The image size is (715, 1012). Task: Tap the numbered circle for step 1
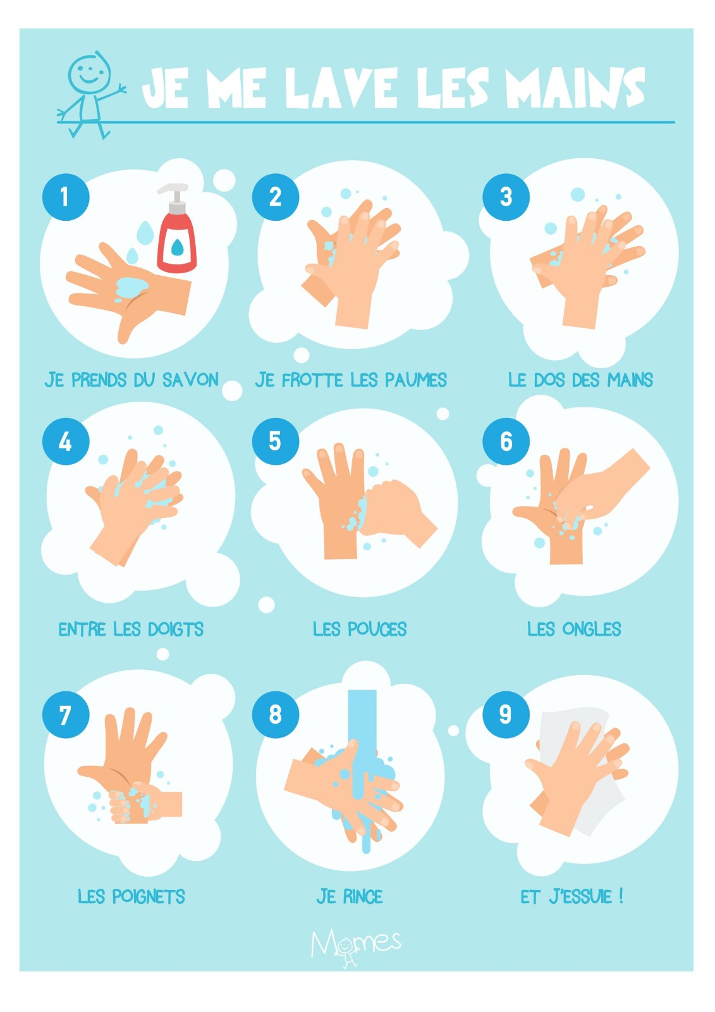coord(66,197)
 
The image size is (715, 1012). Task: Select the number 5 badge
coord(276,441)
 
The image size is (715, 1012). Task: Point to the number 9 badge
coord(506,715)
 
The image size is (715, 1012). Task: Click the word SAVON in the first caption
coord(191,380)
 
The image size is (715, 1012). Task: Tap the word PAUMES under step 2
coord(415,380)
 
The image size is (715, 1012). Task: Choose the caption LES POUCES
coord(360,629)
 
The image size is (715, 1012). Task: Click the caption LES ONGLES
coord(574,629)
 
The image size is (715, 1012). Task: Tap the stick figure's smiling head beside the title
coord(89,73)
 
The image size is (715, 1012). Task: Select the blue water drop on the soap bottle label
coord(177,247)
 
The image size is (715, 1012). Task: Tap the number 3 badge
coord(506,197)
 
